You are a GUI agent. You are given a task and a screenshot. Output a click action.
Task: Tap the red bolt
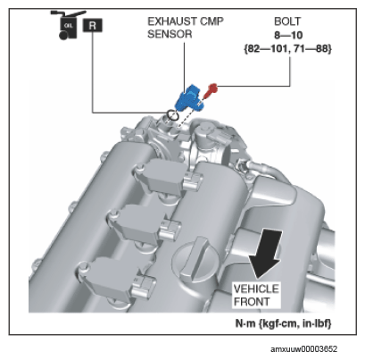(211, 91)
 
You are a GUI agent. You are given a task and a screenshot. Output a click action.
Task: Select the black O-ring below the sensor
(172, 115)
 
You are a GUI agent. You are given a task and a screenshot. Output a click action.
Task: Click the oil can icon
(68, 25)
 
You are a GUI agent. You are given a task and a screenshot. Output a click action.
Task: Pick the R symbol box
(93, 26)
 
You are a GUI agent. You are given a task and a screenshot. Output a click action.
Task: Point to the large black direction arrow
(266, 254)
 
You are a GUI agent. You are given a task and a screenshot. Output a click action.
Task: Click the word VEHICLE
(256, 289)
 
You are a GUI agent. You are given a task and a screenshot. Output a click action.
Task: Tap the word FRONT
(252, 301)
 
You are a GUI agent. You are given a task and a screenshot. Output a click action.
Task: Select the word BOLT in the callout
(287, 21)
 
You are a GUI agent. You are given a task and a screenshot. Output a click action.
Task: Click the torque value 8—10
(288, 35)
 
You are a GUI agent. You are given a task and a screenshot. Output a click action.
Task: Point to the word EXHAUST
(172, 21)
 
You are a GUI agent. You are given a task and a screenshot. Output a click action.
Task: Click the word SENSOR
(170, 34)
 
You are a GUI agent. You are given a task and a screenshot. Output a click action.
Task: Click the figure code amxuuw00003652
(303, 349)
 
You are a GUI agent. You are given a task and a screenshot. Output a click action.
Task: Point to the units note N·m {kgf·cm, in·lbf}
(283, 323)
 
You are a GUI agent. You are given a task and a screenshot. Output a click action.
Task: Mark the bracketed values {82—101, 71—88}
(287, 48)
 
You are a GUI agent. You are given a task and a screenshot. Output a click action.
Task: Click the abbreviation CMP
(212, 21)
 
